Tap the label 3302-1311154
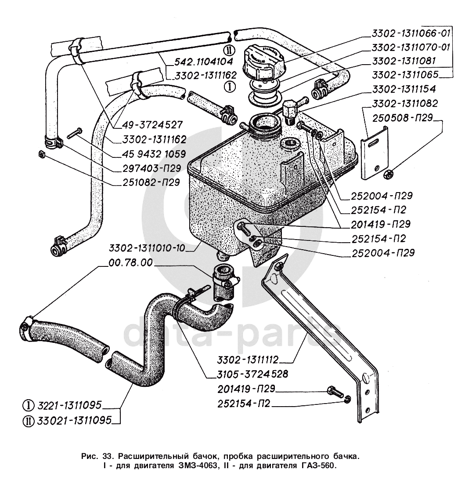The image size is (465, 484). [x=404, y=89]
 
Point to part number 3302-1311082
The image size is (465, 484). [x=404, y=104]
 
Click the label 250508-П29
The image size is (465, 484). [x=403, y=118]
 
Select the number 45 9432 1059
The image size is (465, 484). [x=149, y=154]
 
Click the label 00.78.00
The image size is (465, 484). [x=130, y=263]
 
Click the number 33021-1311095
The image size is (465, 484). [x=70, y=420]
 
